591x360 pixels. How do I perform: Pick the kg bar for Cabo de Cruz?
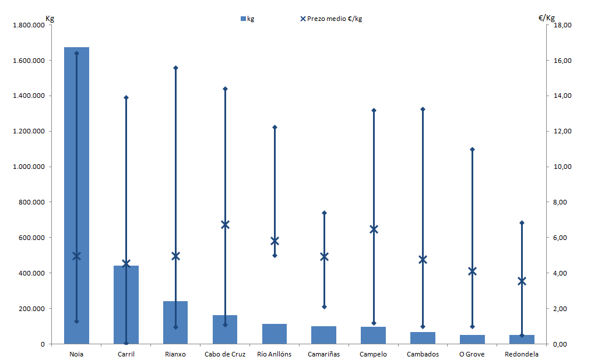coord(225,330)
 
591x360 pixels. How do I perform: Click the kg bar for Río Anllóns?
coord(275,334)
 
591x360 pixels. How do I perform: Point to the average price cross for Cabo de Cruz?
coord(225,225)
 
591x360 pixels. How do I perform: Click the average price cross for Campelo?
coord(374,229)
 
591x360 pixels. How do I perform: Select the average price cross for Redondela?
coord(522,281)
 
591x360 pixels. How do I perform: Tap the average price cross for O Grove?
coord(473,271)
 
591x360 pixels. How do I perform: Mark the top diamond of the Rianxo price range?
coord(175,68)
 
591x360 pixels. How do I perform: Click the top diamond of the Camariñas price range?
coord(324,213)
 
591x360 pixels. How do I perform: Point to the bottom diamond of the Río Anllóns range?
coord(275,255)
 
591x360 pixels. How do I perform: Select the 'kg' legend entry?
coord(247,19)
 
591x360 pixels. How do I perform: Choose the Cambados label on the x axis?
coord(423,354)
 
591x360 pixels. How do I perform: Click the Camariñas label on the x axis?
coord(324,354)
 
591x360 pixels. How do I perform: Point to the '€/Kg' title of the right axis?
coord(547,18)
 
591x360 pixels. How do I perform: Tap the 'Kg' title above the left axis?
coord(50,18)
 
